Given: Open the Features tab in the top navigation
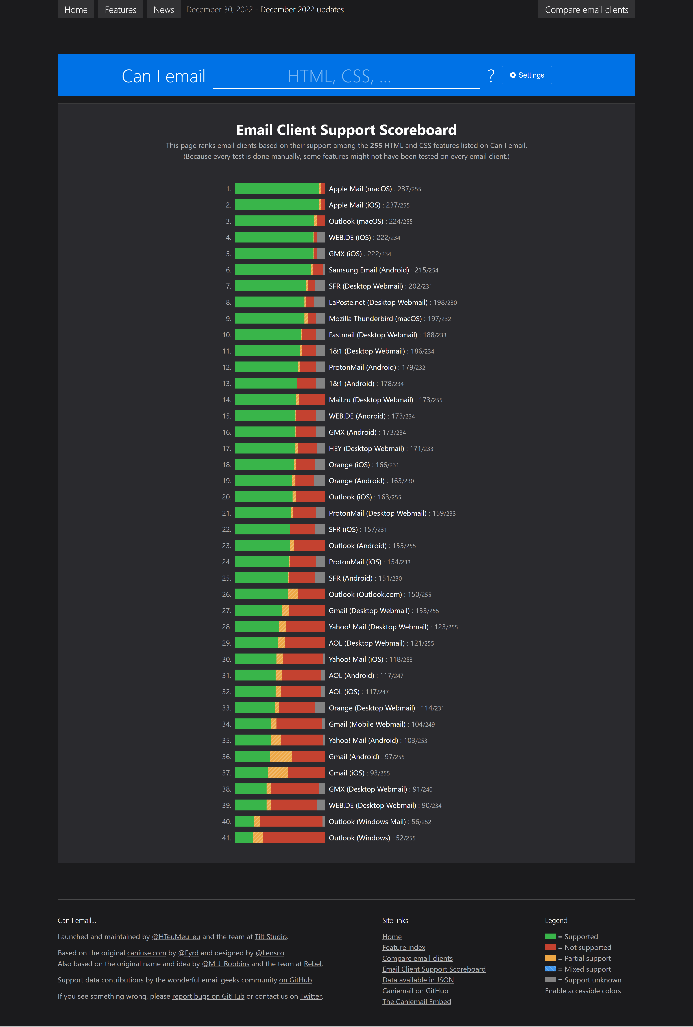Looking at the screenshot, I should (x=120, y=9).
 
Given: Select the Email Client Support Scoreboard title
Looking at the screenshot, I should (x=346, y=130).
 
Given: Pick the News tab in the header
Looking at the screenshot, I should (x=164, y=9).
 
